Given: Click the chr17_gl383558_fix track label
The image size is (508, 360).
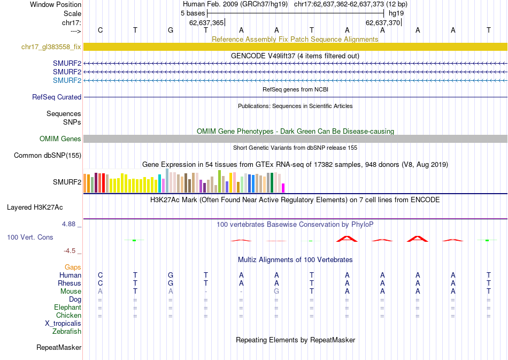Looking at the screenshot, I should pyautogui.click(x=51, y=47).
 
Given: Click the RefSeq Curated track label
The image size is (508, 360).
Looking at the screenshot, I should pyautogui.click(x=57, y=97).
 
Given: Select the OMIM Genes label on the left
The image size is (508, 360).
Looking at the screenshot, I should pyautogui.click(x=60, y=139).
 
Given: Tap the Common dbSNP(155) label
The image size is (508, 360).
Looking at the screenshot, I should pyautogui.click(x=48, y=156).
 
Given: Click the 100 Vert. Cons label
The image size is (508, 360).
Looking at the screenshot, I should pyautogui.click(x=30, y=237).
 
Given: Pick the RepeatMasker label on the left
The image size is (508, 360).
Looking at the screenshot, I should pyautogui.click(x=59, y=348).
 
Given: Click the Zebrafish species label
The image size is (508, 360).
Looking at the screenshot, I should pyautogui.click(x=67, y=332).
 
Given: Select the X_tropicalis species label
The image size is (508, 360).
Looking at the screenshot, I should pyautogui.click(x=63, y=324).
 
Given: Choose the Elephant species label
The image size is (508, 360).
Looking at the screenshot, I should pyautogui.click(x=67, y=308).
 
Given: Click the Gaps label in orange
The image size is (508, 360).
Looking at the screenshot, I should pyautogui.click(x=73, y=267).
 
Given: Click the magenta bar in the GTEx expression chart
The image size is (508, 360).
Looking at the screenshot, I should pyautogui.click(x=283, y=188).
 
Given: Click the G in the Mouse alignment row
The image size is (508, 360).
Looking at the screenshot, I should pyautogui.click(x=276, y=291).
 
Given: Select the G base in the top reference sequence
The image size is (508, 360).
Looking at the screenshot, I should pyautogui.click(x=171, y=30).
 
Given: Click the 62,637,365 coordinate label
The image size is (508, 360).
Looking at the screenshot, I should pyautogui.click(x=206, y=22).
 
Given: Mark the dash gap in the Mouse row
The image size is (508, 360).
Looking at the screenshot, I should pyautogui.click(x=206, y=291).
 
